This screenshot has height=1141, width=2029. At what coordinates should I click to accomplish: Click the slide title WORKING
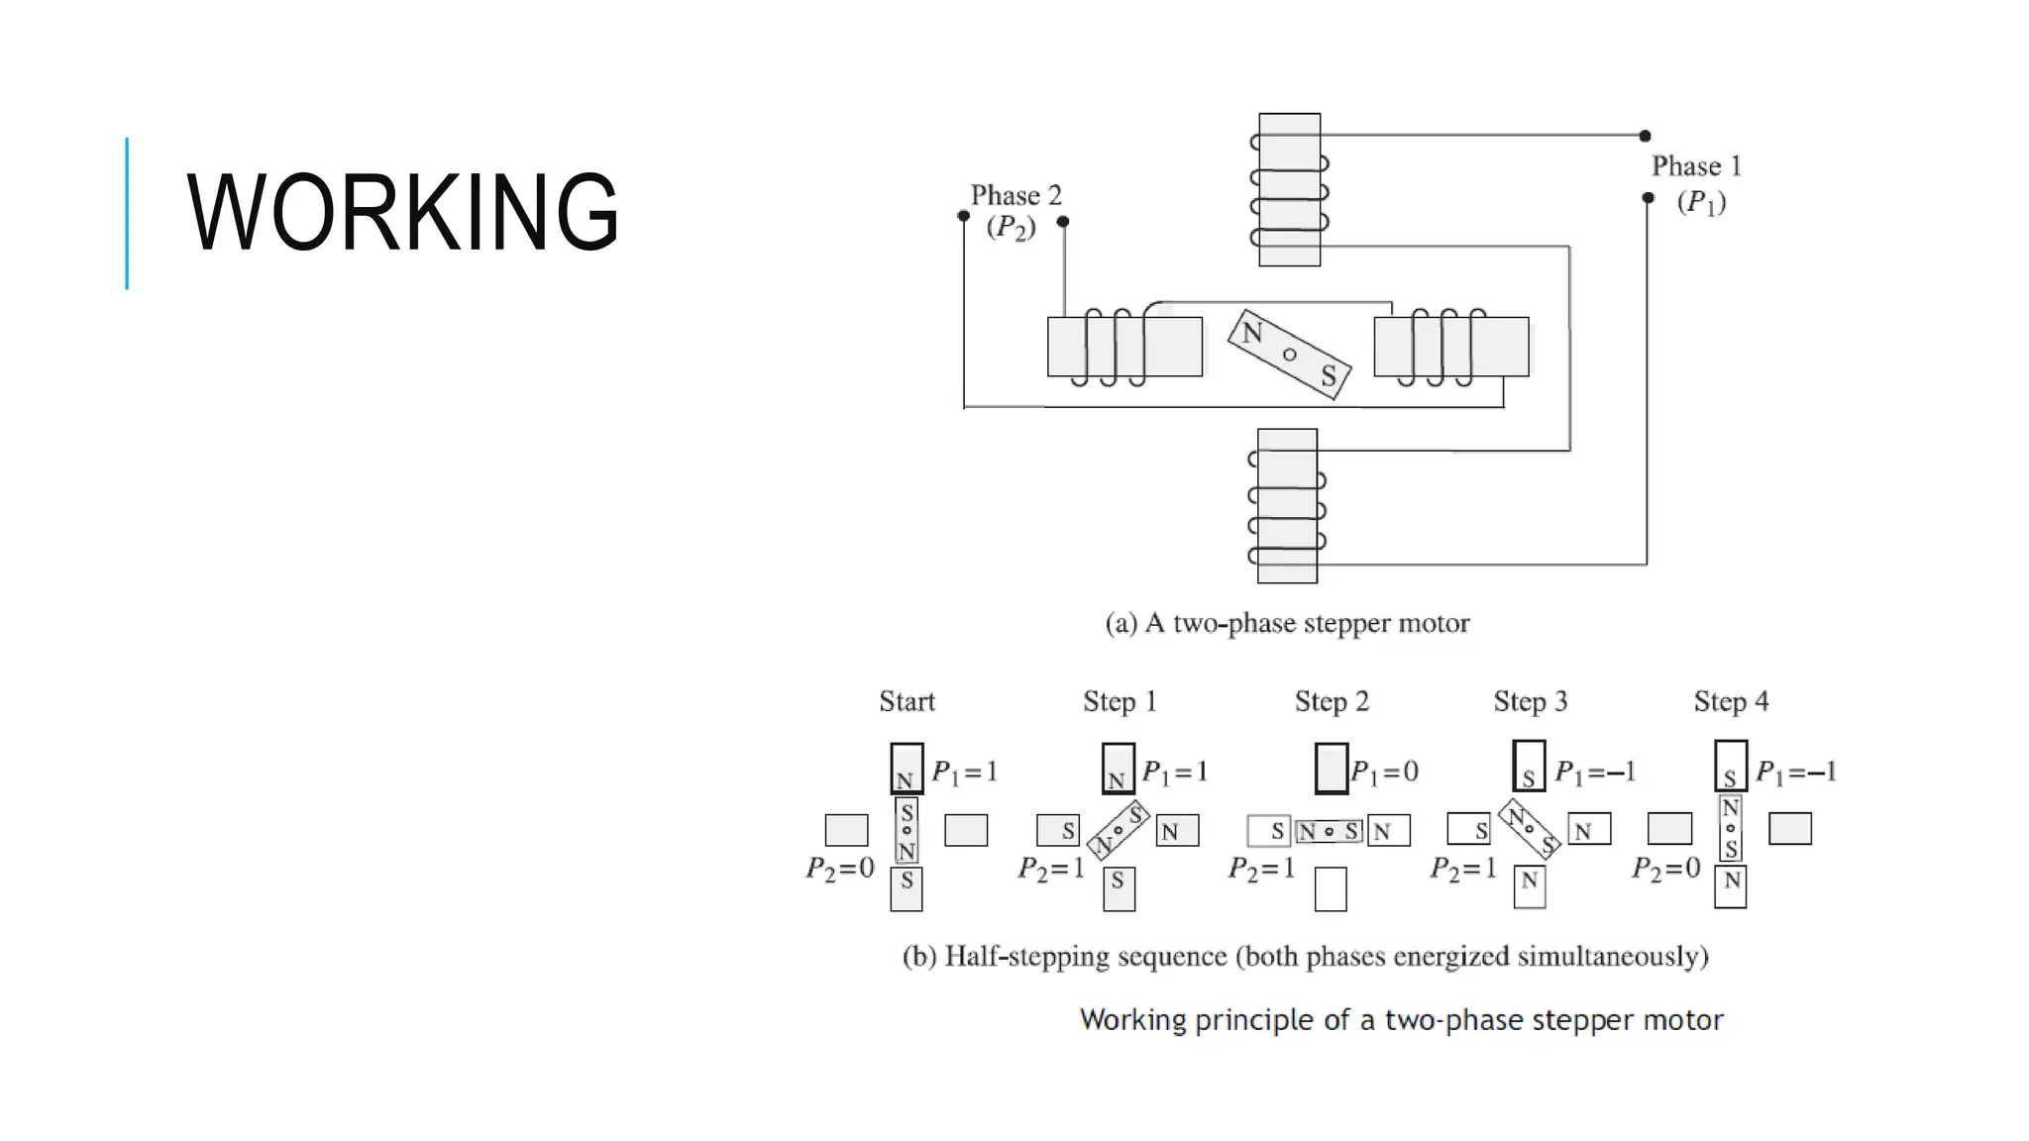point(402,212)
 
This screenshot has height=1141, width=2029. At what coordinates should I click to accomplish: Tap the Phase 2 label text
point(1015,196)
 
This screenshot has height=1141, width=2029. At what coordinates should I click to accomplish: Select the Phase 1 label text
point(1696,166)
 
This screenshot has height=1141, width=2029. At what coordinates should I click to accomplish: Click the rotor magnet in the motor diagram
point(1289,355)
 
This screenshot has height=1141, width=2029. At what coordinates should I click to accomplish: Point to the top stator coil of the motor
point(1289,189)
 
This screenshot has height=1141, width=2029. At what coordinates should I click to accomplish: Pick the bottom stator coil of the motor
point(1287,505)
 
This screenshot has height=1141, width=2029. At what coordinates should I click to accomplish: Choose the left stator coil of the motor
point(1124,347)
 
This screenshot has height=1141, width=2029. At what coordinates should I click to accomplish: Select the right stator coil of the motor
point(1450,347)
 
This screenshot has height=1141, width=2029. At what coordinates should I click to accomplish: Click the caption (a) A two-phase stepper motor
point(1287,623)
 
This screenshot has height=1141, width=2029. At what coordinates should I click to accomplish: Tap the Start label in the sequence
point(907,701)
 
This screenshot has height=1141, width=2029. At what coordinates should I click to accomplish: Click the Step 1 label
point(1120,701)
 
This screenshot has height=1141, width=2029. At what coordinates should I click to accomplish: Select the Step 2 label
point(1332,701)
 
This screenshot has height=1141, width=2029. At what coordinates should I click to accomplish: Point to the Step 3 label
point(1531,701)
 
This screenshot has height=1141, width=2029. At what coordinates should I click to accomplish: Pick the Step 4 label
point(1731,701)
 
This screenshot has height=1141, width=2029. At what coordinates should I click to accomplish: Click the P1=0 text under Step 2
point(1384,772)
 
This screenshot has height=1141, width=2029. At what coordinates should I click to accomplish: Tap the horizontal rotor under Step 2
point(1330,831)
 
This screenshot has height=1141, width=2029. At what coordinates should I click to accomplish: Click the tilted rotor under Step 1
point(1118,830)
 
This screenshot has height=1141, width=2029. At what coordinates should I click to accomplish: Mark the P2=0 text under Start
point(840,869)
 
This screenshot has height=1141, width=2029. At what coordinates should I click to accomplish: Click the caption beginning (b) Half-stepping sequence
point(1305,956)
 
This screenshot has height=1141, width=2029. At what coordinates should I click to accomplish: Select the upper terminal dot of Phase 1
point(1645,136)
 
